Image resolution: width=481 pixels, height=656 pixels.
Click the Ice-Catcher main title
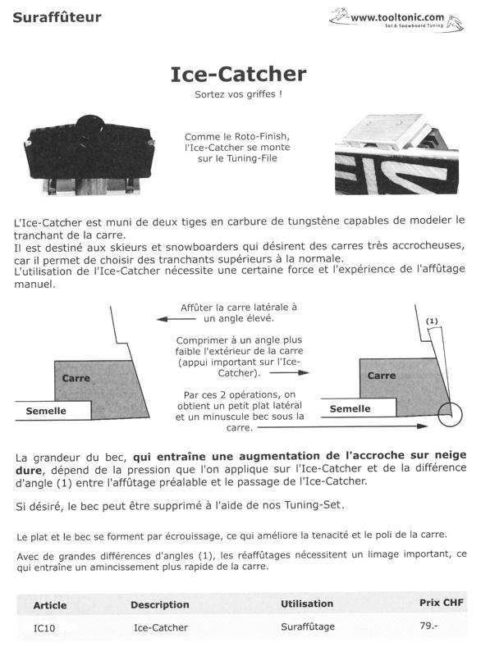[x=238, y=74]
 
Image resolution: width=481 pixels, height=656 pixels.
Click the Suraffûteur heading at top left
[x=57, y=16]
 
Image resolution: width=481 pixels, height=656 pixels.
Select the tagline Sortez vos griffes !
[x=238, y=95]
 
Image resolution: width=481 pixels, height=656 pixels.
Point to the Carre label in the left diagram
[x=76, y=378]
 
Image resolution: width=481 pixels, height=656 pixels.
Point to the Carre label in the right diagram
[x=382, y=375]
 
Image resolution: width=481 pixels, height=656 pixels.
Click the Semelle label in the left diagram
[x=46, y=411]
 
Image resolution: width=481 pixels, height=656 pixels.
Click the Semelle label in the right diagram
[x=350, y=408]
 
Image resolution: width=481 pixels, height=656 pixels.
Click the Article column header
[x=50, y=605]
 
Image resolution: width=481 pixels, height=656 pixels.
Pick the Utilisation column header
[x=307, y=604]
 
